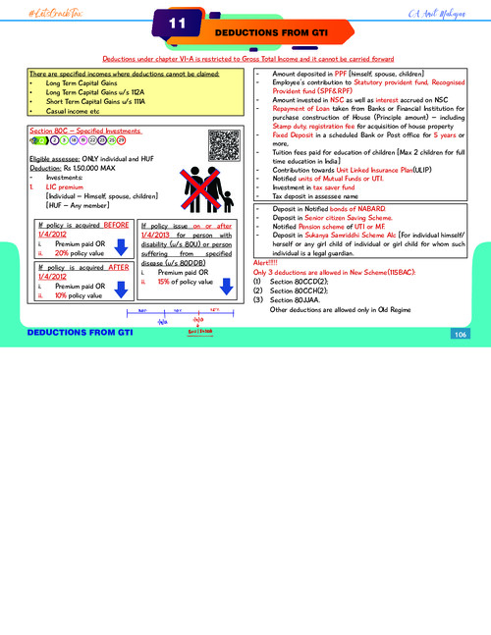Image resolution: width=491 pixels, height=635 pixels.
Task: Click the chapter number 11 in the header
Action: coord(178,23)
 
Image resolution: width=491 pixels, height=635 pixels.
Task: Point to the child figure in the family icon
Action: coord(229,195)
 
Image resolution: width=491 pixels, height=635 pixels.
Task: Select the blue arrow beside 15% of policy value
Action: coord(226,286)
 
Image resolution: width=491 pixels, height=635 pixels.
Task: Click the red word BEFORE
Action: coord(116,225)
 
